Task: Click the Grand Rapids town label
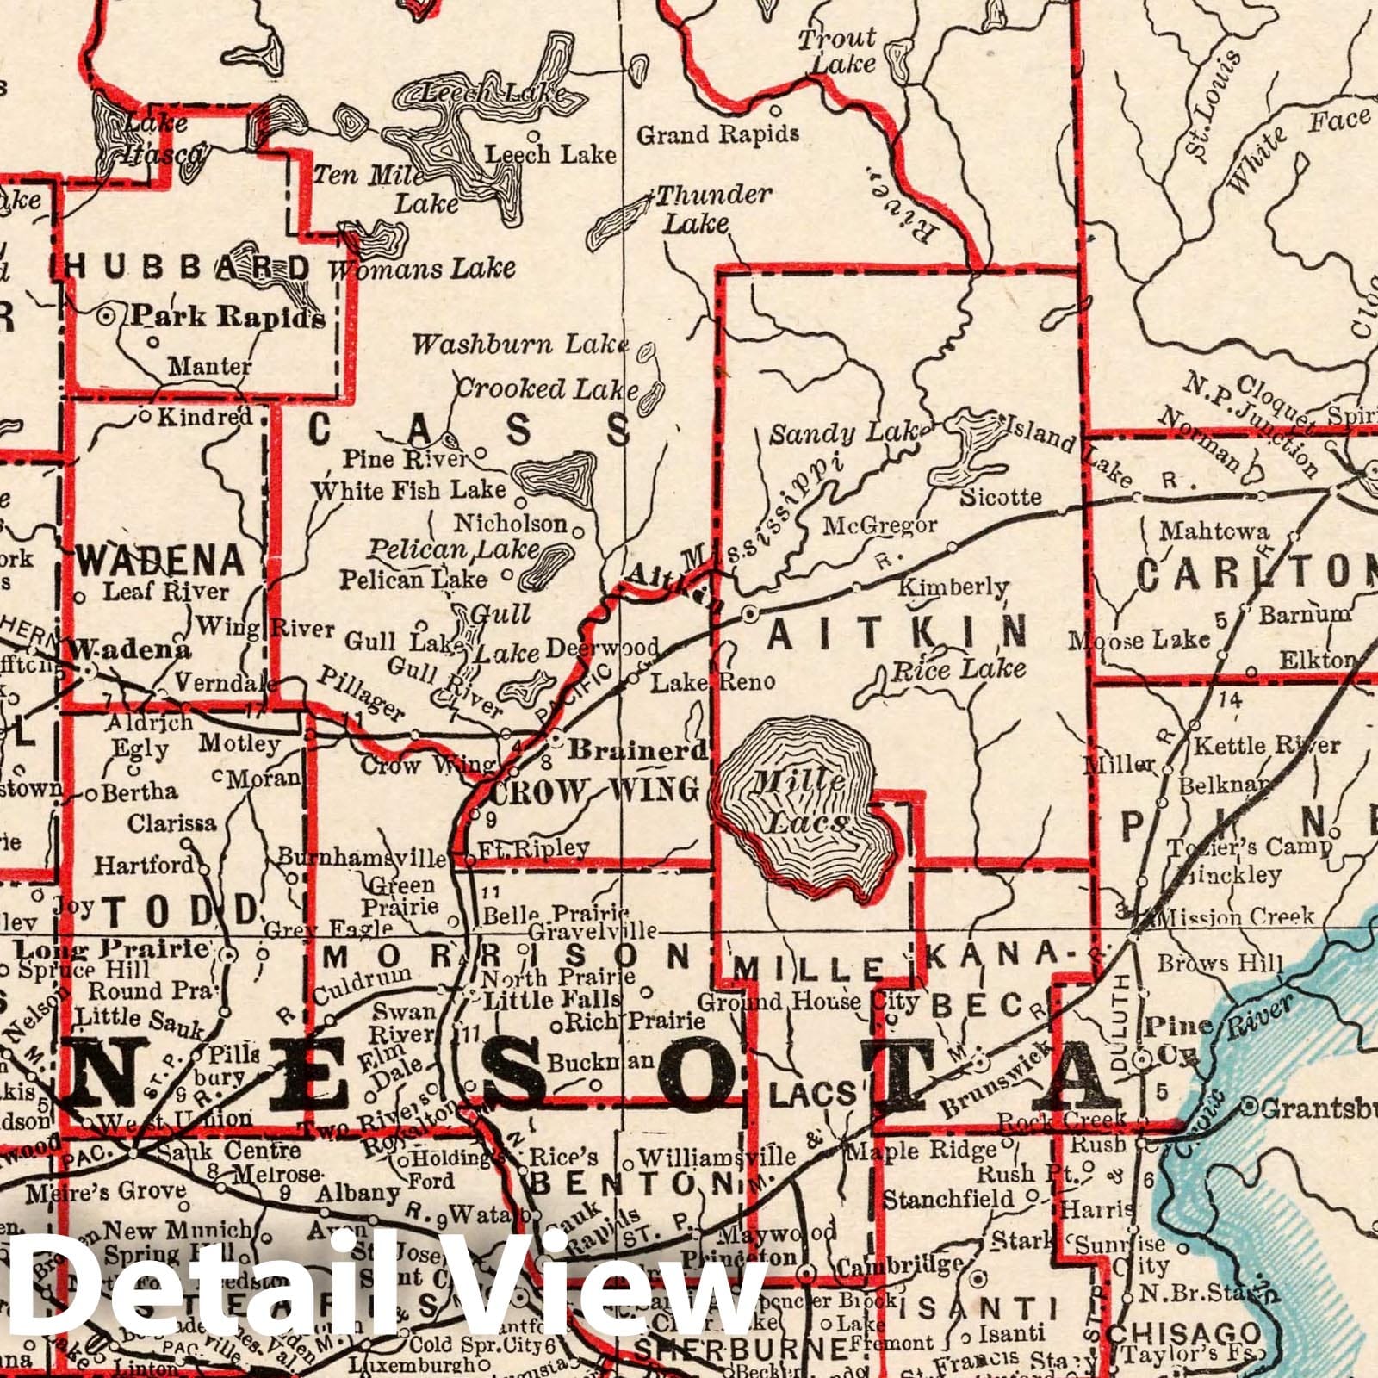(x=717, y=134)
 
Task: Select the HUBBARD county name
(x=188, y=268)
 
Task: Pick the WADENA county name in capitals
(x=160, y=562)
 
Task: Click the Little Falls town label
(x=552, y=999)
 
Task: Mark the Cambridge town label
(x=900, y=1265)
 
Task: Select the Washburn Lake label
(x=520, y=345)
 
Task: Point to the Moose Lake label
(x=1139, y=640)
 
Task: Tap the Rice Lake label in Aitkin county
(x=959, y=669)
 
